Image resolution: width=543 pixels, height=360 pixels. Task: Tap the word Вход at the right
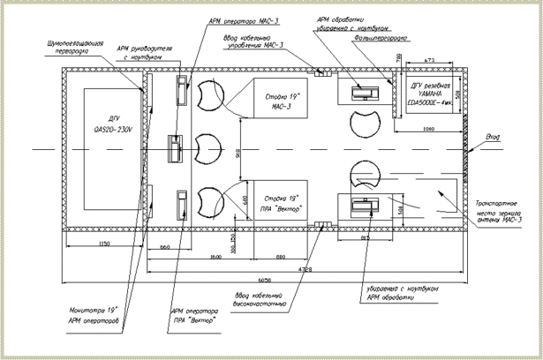pyautogui.click(x=494, y=137)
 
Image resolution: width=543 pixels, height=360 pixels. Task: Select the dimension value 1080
pyautogui.click(x=427, y=129)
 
